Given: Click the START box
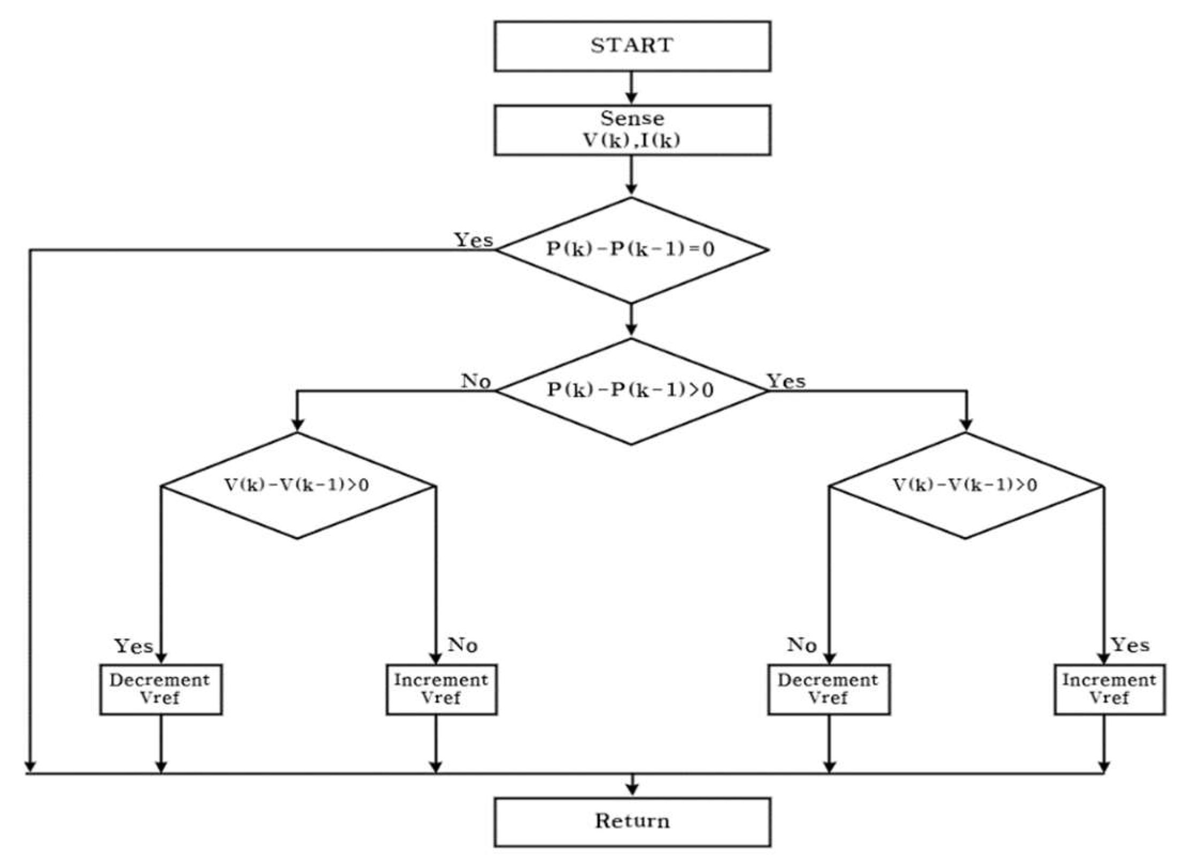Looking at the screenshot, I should (x=632, y=46).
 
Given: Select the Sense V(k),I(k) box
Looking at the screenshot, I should (x=632, y=130).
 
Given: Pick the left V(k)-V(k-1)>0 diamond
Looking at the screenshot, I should (x=297, y=485).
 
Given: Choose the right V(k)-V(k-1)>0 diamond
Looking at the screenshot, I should (x=965, y=485).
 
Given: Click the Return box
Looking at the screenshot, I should (x=632, y=821).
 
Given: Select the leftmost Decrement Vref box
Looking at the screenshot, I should (x=160, y=689).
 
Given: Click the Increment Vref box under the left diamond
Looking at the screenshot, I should (x=442, y=689).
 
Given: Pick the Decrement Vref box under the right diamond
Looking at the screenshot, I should (x=829, y=689).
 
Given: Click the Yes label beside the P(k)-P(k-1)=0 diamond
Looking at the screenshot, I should (x=474, y=240).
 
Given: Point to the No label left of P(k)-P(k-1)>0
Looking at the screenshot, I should (x=476, y=381).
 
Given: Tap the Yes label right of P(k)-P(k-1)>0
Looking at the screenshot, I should (x=786, y=381).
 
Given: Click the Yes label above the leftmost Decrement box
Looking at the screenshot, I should (x=134, y=646).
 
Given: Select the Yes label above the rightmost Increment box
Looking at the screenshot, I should (x=1131, y=645).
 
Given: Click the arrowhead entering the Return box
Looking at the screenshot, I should (x=632, y=790).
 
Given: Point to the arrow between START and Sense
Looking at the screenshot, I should (x=631, y=88).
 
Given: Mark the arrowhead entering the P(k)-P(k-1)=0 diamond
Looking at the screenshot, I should (x=631, y=189).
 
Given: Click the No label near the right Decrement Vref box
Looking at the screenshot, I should (x=801, y=645).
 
